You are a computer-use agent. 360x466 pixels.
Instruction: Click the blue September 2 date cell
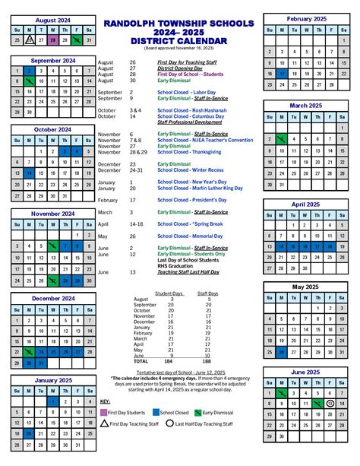tap(28, 71)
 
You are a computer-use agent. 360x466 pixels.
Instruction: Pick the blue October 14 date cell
tap(29, 174)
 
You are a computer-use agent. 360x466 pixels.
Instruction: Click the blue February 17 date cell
tap(282, 74)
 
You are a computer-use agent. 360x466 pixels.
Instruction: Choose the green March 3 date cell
tap(282, 139)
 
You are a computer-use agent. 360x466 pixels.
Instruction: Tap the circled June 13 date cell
tap(330, 402)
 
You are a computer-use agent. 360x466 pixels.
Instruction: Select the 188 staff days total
tap(206, 360)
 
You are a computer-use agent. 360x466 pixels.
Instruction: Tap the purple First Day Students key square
tap(104, 411)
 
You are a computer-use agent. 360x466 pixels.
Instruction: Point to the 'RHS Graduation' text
tap(177, 265)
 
